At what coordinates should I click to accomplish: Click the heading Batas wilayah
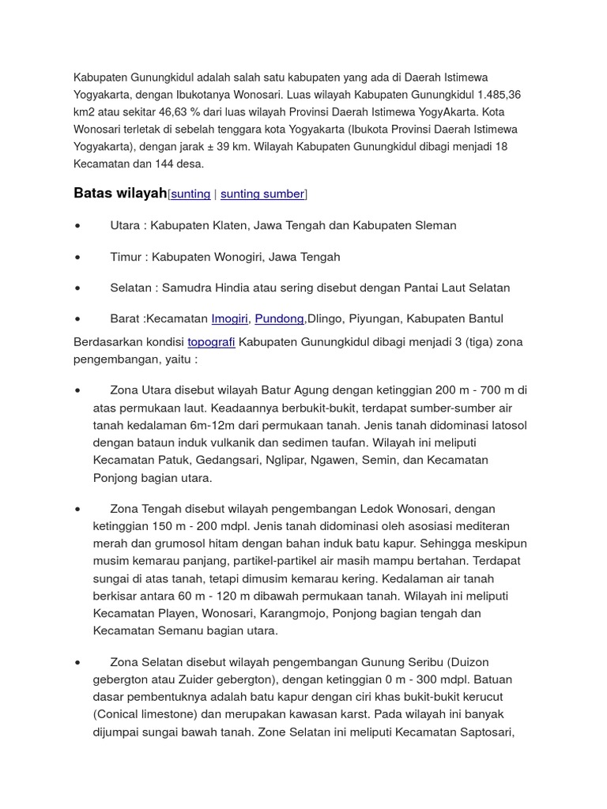tap(120, 194)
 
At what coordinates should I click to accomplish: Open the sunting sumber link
tap(262, 194)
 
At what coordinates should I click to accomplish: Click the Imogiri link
tap(230, 319)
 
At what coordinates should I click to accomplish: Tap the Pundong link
tap(279, 319)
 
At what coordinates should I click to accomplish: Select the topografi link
tap(211, 342)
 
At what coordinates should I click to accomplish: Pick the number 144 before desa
tap(150, 164)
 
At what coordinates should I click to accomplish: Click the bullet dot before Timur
tap(77, 258)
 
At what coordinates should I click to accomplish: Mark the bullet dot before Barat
tap(77, 320)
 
